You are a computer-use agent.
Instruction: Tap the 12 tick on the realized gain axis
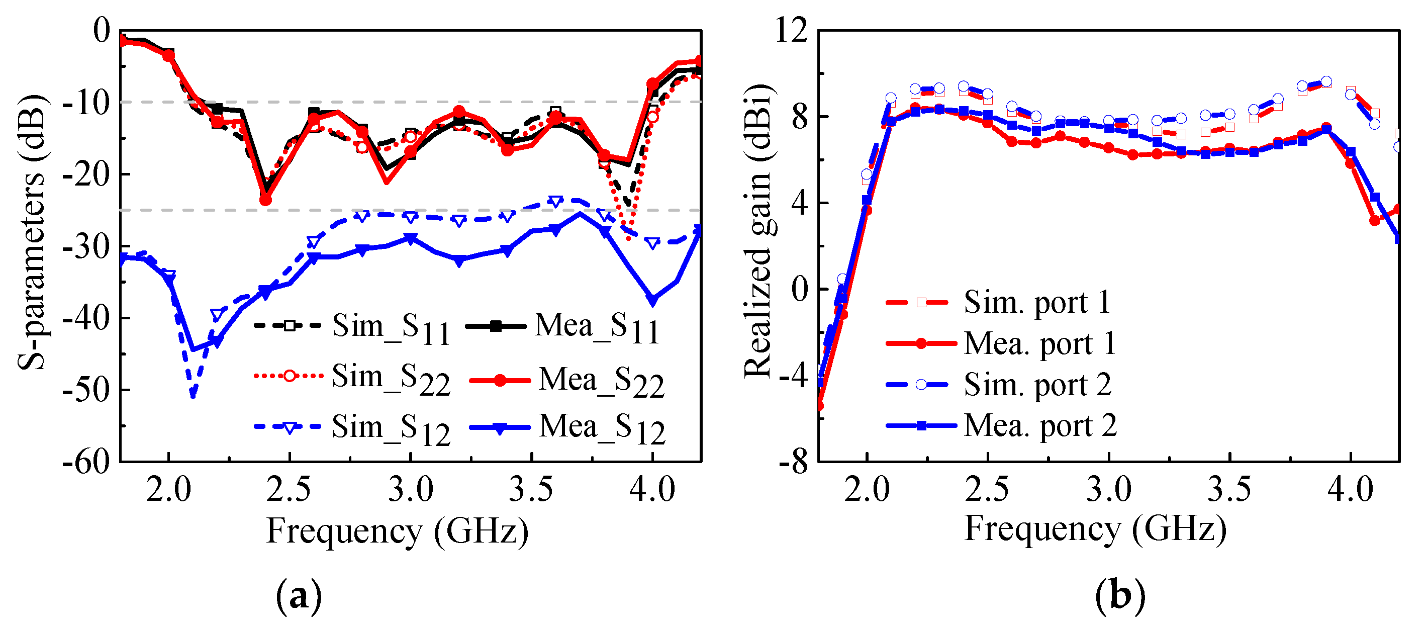click(792, 30)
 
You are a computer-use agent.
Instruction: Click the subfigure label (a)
click(299, 596)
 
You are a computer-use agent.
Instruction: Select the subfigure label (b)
click(1120, 596)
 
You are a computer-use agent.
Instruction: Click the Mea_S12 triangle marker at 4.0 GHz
click(653, 301)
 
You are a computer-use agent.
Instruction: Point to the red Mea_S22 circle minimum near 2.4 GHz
click(265, 199)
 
